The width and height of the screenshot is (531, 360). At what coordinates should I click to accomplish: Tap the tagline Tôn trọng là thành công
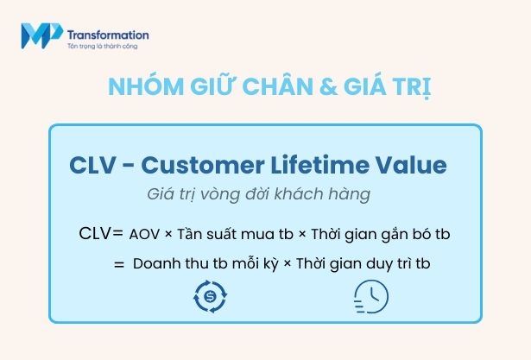click(102, 46)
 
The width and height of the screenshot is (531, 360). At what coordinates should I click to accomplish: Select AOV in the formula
click(144, 233)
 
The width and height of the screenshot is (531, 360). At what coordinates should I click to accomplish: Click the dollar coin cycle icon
click(212, 296)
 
